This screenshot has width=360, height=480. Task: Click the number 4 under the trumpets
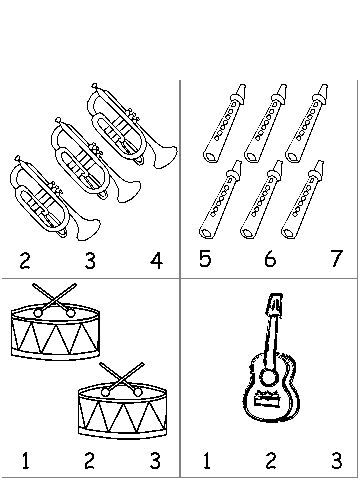(x=156, y=261)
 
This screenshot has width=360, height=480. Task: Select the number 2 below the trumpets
(x=25, y=261)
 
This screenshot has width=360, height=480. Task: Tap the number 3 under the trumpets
(x=90, y=261)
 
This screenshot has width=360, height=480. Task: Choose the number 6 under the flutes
(x=270, y=258)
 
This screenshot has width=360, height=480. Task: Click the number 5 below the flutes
(x=205, y=258)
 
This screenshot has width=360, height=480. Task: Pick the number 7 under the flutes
(x=337, y=258)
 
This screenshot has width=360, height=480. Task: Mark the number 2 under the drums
(x=89, y=460)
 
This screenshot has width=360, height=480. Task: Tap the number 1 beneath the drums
(x=26, y=460)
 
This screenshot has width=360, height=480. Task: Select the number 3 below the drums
(x=155, y=460)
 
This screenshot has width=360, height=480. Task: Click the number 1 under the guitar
(x=207, y=460)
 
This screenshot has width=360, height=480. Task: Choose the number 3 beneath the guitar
(x=337, y=460)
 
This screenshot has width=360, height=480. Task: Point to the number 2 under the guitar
(x=271, y=460)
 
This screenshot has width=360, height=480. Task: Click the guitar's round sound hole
(x=269, y=377)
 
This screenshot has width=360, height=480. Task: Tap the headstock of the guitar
(x=275, y=304)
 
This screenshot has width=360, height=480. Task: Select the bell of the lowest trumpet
(x=87, y=229)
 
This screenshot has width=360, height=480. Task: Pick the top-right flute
(x=307, y=124)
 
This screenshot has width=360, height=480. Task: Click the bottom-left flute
(x=220, y=199)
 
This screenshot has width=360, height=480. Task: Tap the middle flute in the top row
(x=266, y=124)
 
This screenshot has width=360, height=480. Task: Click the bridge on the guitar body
(x=267, y=399)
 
